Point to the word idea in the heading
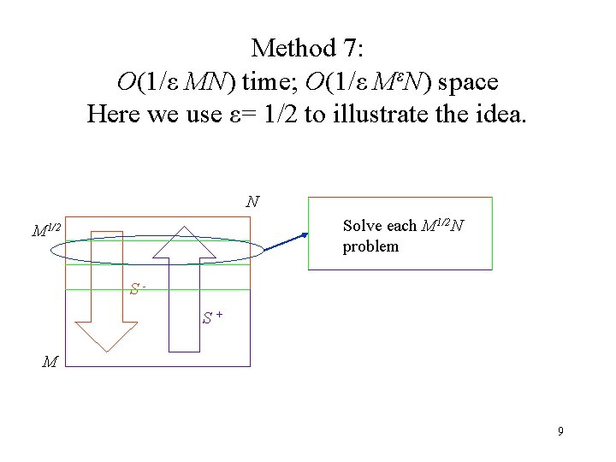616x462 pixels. [x=503, y=113]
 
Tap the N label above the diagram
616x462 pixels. [x=252, y=203]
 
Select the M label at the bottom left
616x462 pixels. [x=50, y=362]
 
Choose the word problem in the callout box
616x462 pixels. [x=370, y=246]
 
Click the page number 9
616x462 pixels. [x=560, y=431]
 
